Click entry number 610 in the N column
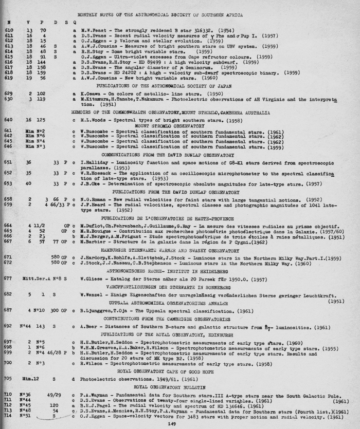tap(9, 31)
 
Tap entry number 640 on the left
tap(9, 119)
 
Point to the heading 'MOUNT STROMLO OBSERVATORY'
tap(169, 125)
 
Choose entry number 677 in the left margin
tap(9, 278)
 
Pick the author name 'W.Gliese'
tap(91, 278)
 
